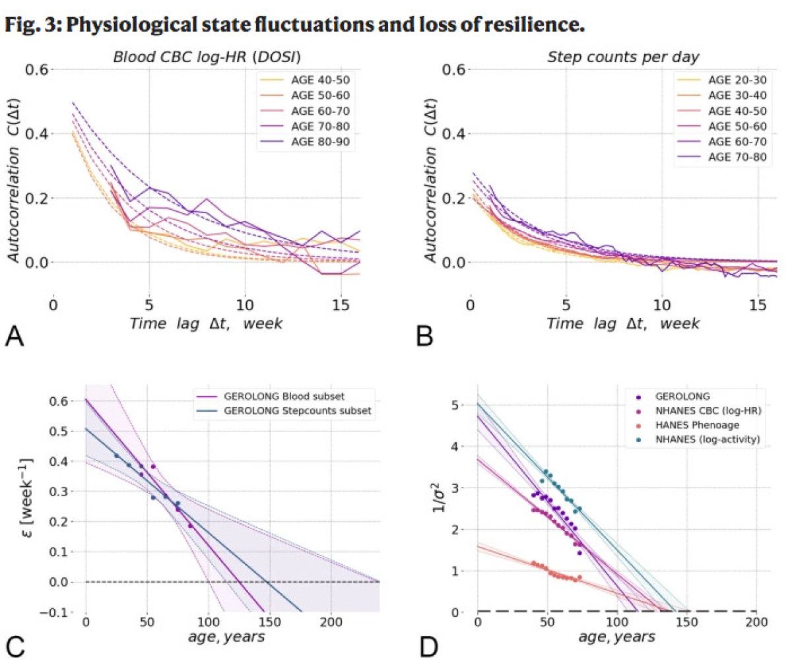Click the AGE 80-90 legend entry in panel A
(320, 141)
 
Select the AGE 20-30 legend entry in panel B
(737, 80)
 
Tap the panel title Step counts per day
(622, 57)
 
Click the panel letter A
(15, 336)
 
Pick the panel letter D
(428, 647)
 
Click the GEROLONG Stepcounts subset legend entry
(297, 410)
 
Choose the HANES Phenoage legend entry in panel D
(697, 425)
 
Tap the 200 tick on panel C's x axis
(331, 622)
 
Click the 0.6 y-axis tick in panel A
(36, 69)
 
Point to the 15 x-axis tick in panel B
(758, 305)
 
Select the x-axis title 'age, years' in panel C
(226, 637)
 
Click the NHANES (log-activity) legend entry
(708, 439)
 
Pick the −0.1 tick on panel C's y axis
(61, 612)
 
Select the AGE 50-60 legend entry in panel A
(320, 95)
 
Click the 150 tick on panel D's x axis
(687, 622)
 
